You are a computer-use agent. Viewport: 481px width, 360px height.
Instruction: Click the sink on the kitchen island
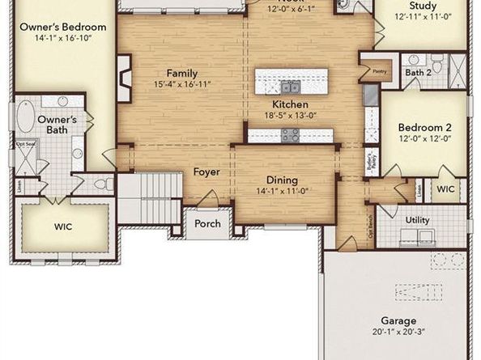coord(290,85)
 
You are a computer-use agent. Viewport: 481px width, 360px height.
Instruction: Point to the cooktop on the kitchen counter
coord(290,135)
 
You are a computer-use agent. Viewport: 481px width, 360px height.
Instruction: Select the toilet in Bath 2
coord(436,64)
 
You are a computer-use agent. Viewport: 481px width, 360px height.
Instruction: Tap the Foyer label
coord(206,172)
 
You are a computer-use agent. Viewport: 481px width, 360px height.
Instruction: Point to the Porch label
coord(207,223)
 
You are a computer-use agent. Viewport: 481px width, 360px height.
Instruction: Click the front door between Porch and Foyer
coord(207,202)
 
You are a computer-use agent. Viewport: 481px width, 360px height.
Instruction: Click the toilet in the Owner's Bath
coord(103,184)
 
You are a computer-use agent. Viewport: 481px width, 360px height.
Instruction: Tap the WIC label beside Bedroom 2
coord(445,190)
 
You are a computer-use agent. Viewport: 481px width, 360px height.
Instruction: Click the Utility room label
coord(418,220)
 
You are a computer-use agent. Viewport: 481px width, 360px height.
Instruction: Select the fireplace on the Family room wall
coord(124,78)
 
